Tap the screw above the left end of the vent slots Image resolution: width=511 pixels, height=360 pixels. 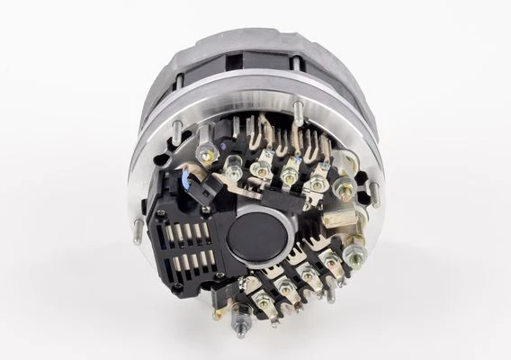162,215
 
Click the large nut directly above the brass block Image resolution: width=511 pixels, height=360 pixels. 343,189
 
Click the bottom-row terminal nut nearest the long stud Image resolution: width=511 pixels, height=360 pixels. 263,305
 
